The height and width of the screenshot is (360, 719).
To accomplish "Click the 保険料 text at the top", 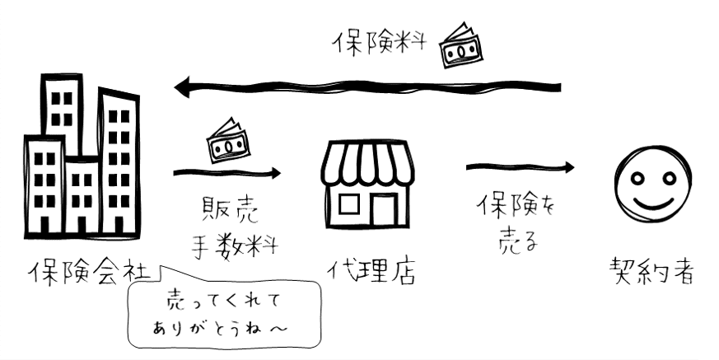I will (x=381, y=43).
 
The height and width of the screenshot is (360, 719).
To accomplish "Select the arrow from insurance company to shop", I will (x=227, y=173).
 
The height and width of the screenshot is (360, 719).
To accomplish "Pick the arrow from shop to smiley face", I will (x=520, y=167).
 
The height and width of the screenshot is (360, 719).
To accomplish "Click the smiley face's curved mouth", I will (x=651, y=202).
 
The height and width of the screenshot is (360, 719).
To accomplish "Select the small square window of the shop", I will (x=348, y=203).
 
